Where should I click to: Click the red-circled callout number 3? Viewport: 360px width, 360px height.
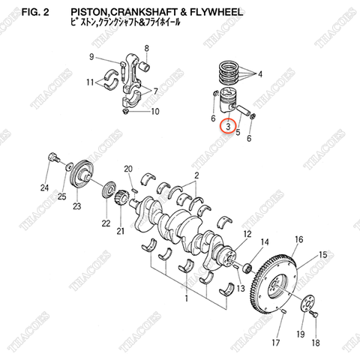[227, 128]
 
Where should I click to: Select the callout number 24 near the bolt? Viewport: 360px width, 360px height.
[44, 187]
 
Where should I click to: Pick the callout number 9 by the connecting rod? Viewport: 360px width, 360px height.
[91, 57]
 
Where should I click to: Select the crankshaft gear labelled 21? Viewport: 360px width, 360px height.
[119, 199]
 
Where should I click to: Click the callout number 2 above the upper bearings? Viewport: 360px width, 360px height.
[196, 175]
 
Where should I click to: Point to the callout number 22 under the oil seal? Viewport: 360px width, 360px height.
[105, 223]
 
